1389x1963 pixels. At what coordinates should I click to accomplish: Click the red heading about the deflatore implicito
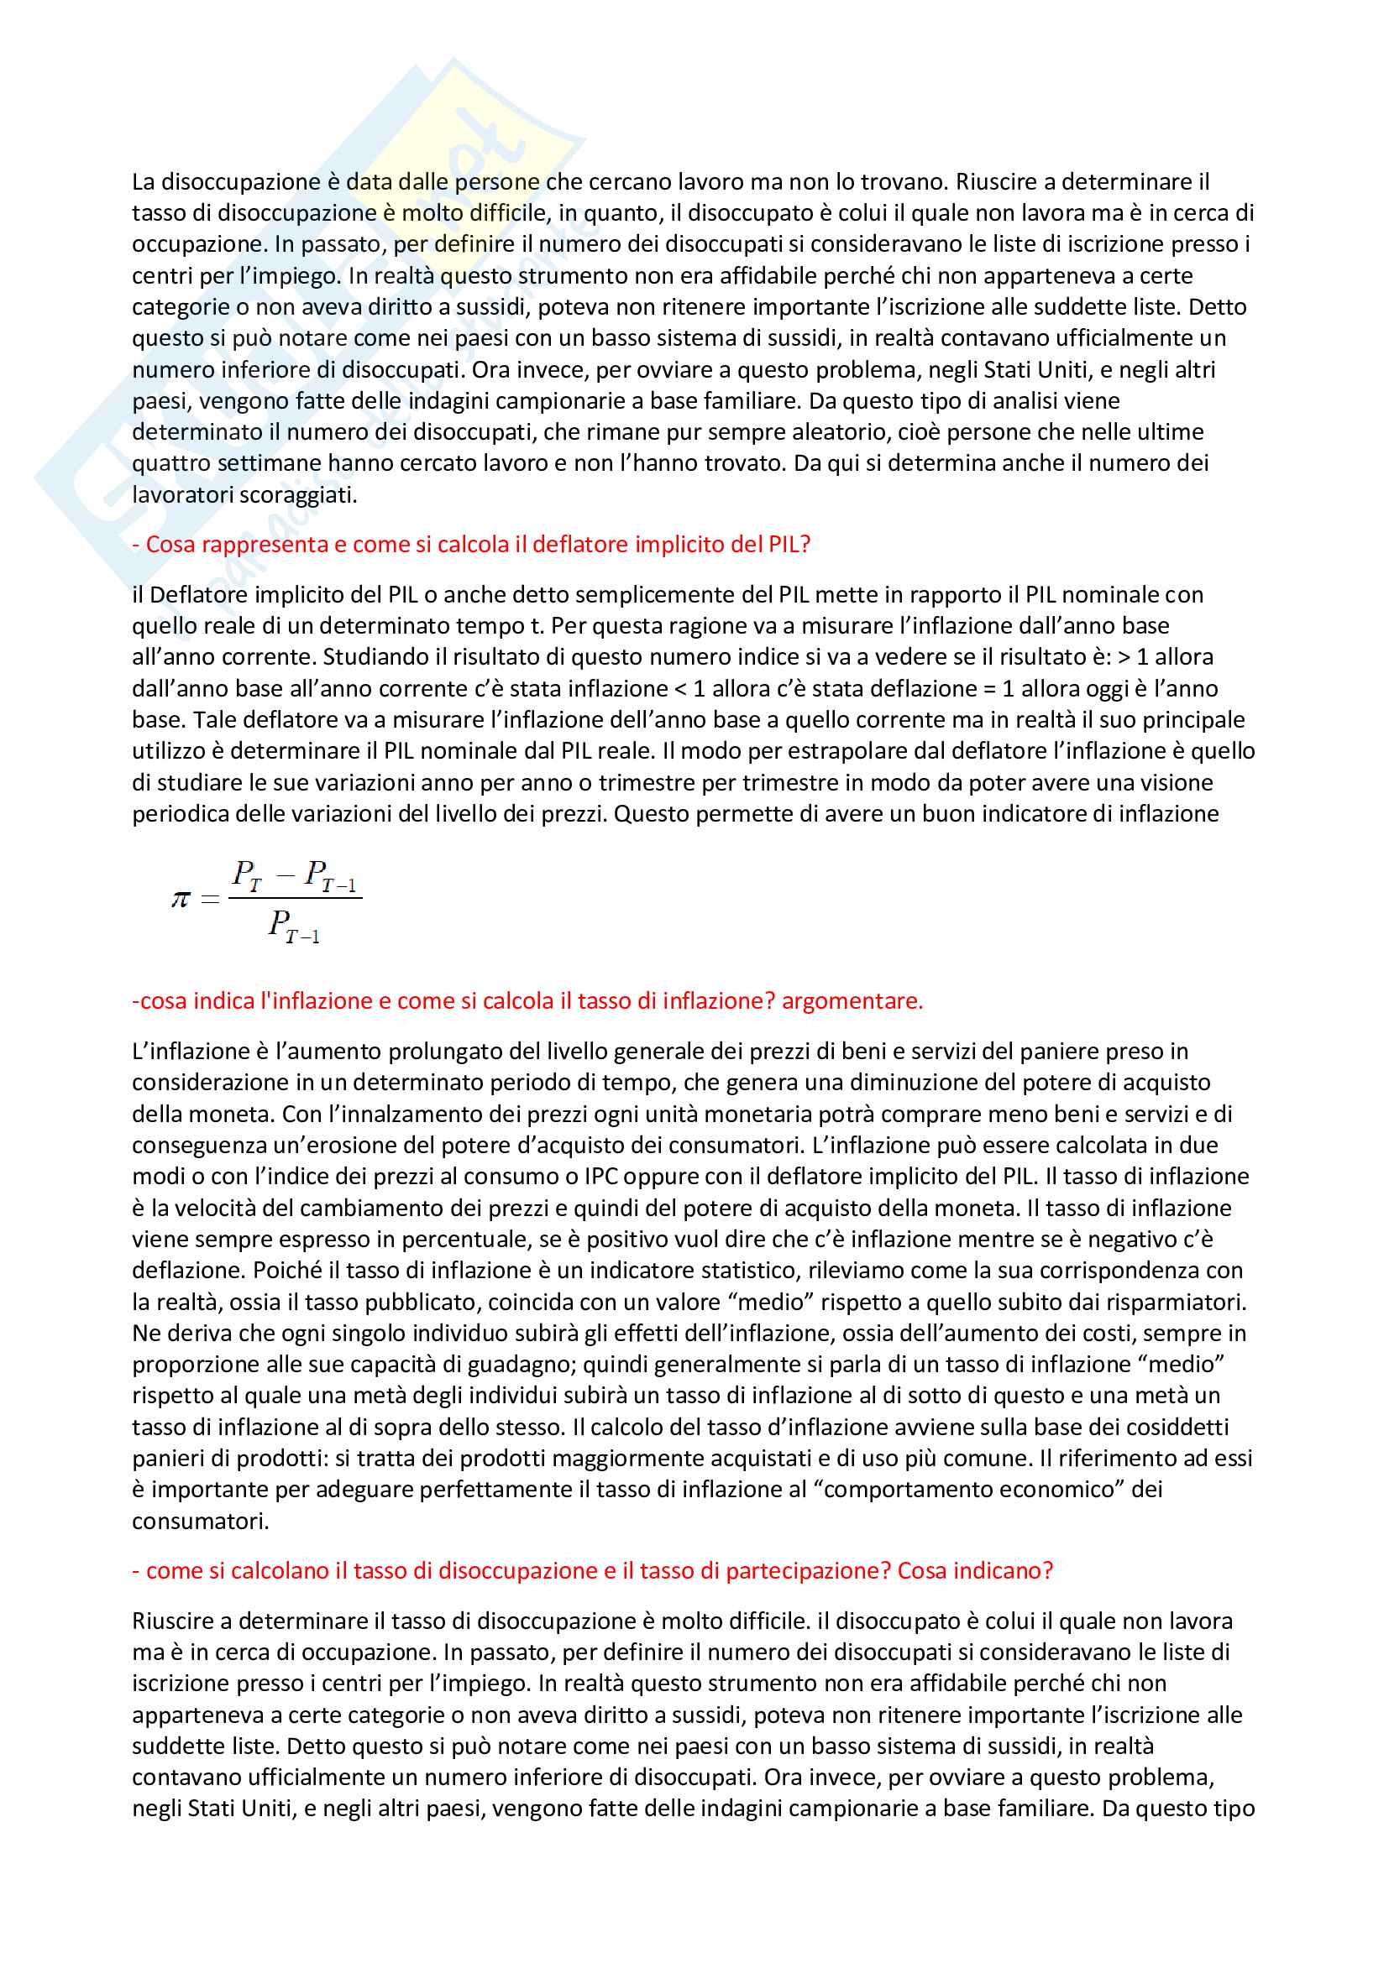471,545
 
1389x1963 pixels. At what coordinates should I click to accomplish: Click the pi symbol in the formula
181,899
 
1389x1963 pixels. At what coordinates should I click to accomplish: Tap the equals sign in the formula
210,900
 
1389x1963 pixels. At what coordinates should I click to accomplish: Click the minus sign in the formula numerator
286,874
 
